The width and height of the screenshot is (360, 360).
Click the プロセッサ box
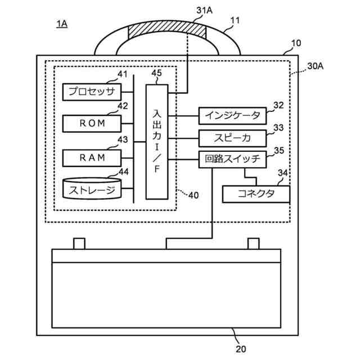[92, 92]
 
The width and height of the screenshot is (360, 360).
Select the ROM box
[92, 124]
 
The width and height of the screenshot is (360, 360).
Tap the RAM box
[92, 158]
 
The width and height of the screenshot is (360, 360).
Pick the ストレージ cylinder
[92, 188]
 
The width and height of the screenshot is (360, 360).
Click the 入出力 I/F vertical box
[157, 142]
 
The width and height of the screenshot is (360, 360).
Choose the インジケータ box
[232, 116]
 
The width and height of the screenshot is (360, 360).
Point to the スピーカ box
[232, 138]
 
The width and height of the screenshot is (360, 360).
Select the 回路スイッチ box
[232, 159]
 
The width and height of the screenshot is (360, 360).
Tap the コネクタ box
[256, 194]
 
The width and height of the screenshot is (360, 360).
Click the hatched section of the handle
[167, 30]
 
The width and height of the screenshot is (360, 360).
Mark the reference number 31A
[204, 10]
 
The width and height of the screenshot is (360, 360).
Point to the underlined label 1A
[62, 24]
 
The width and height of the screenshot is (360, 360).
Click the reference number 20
[241, 349]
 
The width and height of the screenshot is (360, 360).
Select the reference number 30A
[316, 66]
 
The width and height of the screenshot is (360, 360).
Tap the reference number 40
[193, 195]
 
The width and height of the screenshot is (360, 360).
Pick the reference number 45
[156, 73]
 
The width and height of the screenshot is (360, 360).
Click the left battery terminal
[79, 244]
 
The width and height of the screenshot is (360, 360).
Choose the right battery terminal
[254, 244]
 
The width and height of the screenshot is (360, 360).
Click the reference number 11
[235, 21]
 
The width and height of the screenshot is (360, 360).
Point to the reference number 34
[283, 173]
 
